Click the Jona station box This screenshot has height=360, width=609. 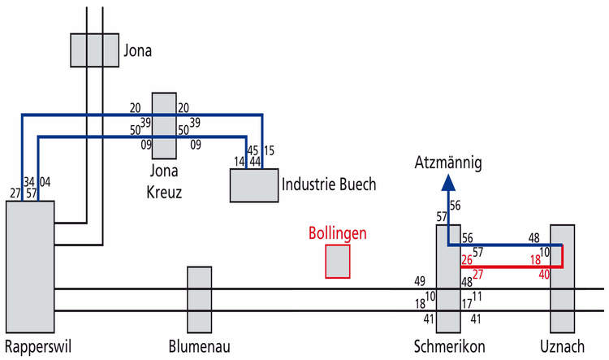95,50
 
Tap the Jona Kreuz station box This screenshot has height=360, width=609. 164,126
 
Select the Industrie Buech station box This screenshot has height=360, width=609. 254,185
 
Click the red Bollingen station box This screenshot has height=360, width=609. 338,261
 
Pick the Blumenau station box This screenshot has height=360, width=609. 200,300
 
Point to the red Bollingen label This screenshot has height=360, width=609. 338,233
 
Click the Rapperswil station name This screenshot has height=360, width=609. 38,347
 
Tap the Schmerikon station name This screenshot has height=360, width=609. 449,346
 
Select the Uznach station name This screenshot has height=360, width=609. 562,346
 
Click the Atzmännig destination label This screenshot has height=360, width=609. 448,163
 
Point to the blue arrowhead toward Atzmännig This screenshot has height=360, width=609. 448,183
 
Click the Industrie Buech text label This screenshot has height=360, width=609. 329,184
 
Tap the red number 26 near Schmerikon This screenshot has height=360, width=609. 467,260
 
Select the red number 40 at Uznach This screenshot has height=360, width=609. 544,275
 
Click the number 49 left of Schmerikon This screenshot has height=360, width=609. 420,280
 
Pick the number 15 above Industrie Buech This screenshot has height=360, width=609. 269,150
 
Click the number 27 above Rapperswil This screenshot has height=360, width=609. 15,193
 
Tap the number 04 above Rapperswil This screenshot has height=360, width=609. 45,181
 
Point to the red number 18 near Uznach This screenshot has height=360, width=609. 536,260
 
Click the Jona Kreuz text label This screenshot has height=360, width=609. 164,181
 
